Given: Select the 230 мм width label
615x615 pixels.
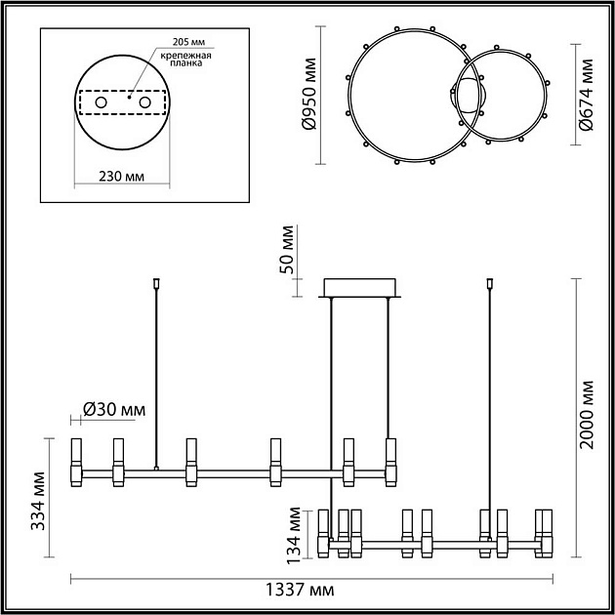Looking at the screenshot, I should pos(122,177).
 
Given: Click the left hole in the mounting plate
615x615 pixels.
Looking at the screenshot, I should pos(101,102).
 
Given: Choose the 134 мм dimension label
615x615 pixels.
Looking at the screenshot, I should pos(292,534).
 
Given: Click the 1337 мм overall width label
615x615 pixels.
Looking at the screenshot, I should pos(302,592).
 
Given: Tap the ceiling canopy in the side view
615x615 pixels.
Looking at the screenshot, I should pos(360,287).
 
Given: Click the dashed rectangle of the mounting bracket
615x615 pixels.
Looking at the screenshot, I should pos(122,102).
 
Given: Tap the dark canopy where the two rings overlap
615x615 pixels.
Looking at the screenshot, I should pos(469,98).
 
